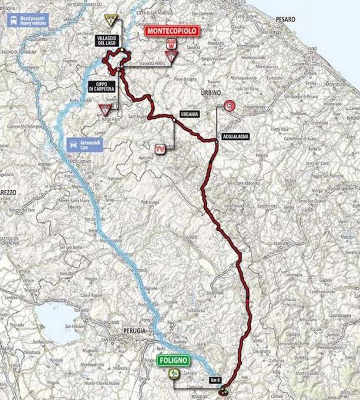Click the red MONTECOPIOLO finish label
point(171,31)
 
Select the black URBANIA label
point(186,114)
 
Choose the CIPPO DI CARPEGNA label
point(102,87)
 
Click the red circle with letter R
point(229,105)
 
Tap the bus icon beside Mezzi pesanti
point(12,19)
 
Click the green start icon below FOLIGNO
point(174,373)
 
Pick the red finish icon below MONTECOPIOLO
point(171,44)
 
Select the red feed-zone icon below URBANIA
point(159,149)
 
